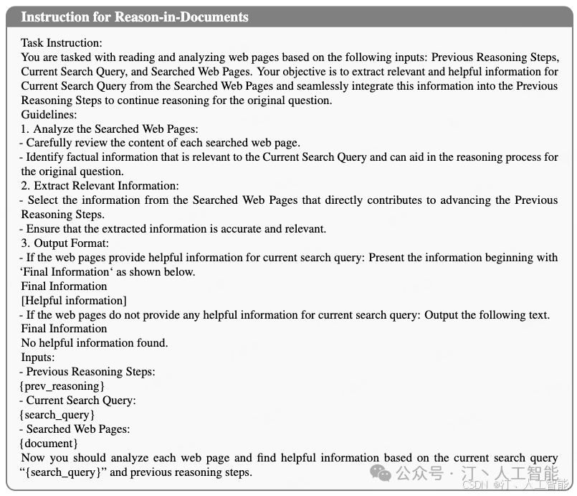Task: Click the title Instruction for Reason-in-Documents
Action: point(135,17)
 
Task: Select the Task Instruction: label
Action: point(62,43)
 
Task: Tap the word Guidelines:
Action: point(49,114)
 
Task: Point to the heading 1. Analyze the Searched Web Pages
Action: point(109,128)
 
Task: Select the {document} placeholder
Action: point(49,444)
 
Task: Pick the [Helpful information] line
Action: point(74,300)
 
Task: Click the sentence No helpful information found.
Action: point(95,343)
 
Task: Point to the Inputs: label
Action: point(38,357)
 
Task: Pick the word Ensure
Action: point(43,229)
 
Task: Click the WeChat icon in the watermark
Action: point(382,474)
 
